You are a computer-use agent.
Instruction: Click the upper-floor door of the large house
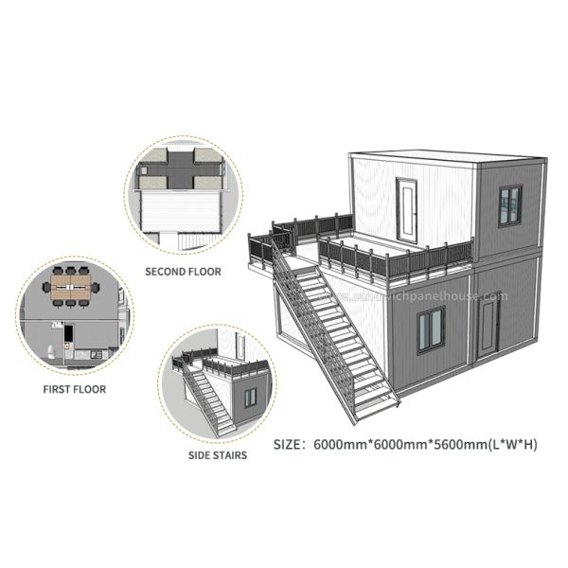point(408,209)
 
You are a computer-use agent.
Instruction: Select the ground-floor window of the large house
point(431,328)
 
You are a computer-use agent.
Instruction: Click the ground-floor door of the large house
point(487,327)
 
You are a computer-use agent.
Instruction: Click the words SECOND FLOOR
point(183,272)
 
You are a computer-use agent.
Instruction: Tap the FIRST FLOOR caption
point(75,389)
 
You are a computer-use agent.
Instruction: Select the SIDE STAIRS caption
point(218,455)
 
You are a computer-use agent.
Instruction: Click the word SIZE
point(289,443)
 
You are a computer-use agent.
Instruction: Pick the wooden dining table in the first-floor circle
point(71,292)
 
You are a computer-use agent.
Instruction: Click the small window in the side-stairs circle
point(250,398)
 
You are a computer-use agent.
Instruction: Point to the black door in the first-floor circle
point(69,333)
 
